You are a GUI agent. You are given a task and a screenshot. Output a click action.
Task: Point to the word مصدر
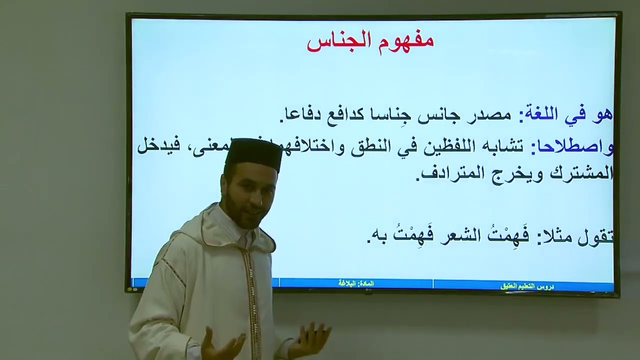(x=492, y=115)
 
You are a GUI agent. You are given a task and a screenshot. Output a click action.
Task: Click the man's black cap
(x=254, y=153)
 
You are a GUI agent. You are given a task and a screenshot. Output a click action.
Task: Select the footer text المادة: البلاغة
(x=356, y=283)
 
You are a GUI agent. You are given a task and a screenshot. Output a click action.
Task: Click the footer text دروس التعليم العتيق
(x=526, y=286)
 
